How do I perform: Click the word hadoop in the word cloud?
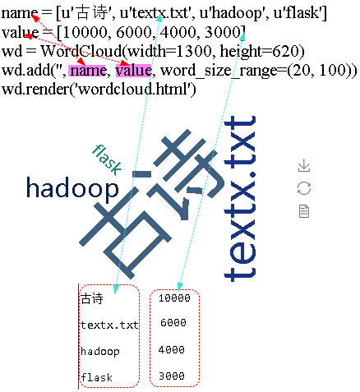pyautogui.click(x=72, y=188)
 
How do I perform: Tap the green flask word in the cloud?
pyautogui.click(x=107, y=159)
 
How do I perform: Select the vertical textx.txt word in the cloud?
pyautogui.click(x=240, y=199)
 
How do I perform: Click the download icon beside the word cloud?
pyautogui.click(x=304, y=165)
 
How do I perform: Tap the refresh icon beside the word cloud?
pyautogui.click(x=304, y=188)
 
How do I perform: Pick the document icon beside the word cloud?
pyautogui.click(x=304, y=211)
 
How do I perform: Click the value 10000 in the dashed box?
pyautogui.click(x=174, y=297)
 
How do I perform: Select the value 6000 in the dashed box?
pyautogui.click(x=173, y=322)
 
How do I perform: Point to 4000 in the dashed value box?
pyautogui.click(x=172, y=349)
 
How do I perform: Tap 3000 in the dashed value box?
pyautogui.click(x=172, y=376)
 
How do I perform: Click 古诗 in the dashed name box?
pyautogui.click(x=92, y=298)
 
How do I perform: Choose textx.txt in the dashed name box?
pyautogui.click(x=109, y=325)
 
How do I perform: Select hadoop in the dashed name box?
pyautogui.click(x=100, y=352)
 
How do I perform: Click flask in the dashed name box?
pyautogui.click(x=96, y=377)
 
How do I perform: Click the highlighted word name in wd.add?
pyautogui.click(x=87, y=71)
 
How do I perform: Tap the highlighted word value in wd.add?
pyautogui.click(x=133, y=71)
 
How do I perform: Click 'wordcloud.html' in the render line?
pyautogui.click(x=133, y=89)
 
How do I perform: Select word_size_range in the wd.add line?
pyautogui.click(x=219, y=71)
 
